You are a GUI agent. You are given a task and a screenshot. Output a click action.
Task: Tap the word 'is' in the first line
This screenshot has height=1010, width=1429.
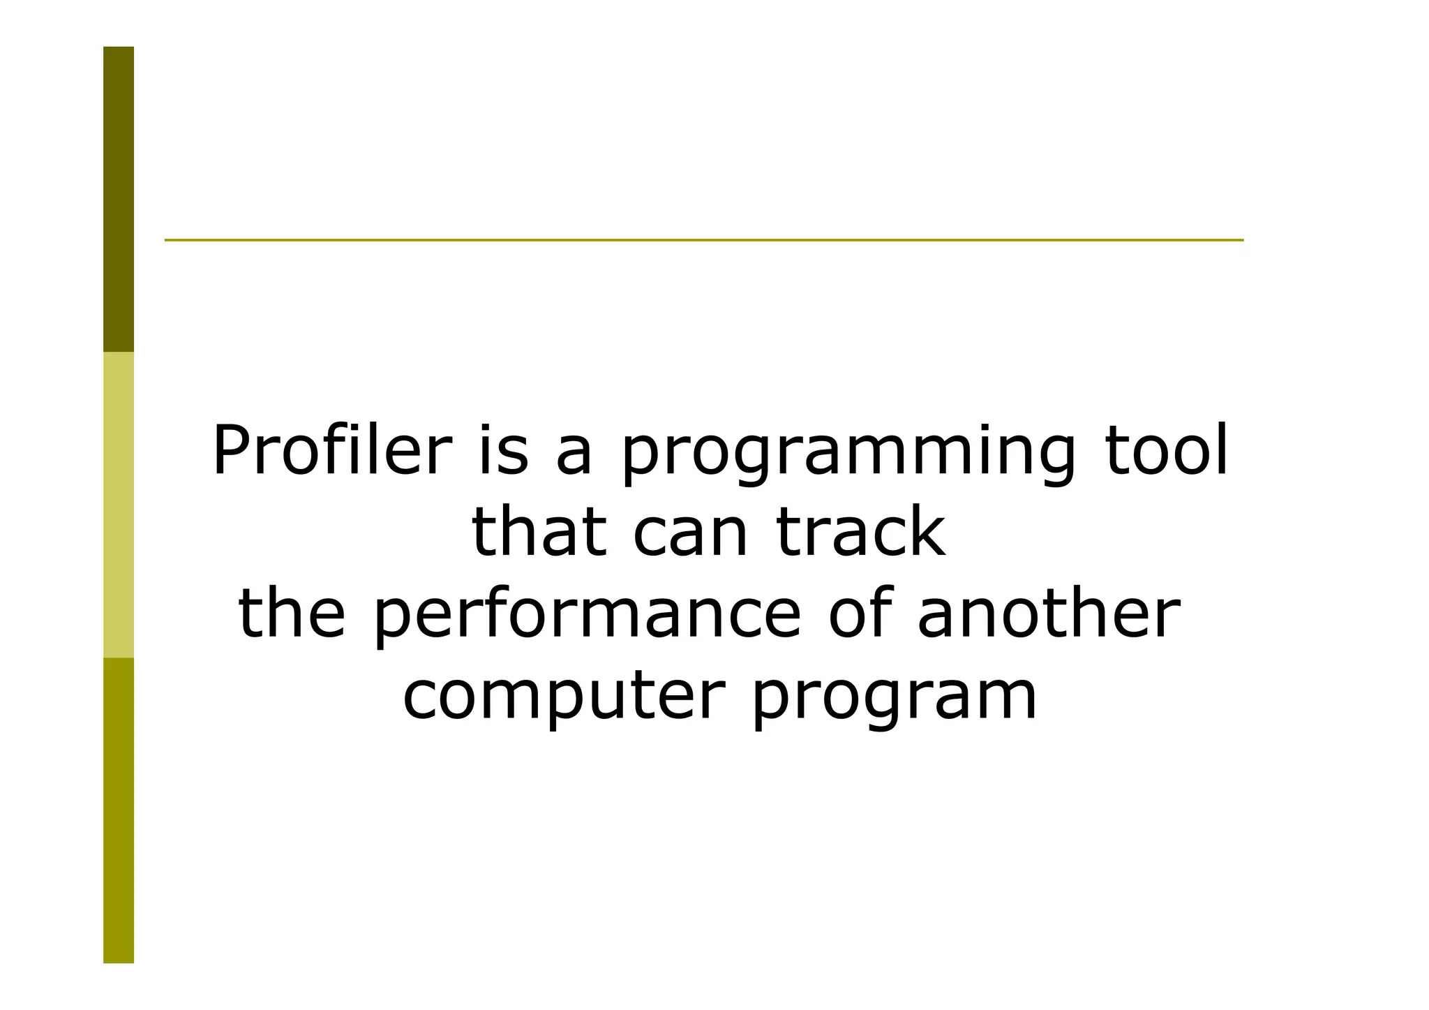click(x=502, y=451)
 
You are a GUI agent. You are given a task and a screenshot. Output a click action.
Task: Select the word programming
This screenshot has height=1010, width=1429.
click(x=848, y=454)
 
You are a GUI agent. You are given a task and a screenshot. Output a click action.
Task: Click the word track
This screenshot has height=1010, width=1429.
click(x=862, y=533)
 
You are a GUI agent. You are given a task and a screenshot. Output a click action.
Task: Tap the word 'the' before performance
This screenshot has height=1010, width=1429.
click(x=292, y=614)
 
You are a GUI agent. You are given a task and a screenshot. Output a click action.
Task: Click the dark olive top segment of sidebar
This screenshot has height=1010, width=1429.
click(x=119, y=199)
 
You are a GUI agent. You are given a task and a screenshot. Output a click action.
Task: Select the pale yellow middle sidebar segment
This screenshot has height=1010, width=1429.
click(x=119, y=504)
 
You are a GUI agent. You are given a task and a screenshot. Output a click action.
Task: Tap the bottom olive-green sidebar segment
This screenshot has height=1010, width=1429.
click(x=119, y=810)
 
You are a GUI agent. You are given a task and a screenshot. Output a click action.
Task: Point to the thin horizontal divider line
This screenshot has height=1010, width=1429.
click(x=703, y=240)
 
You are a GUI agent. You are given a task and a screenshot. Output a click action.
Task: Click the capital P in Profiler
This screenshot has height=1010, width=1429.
click(x=232, y=451)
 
